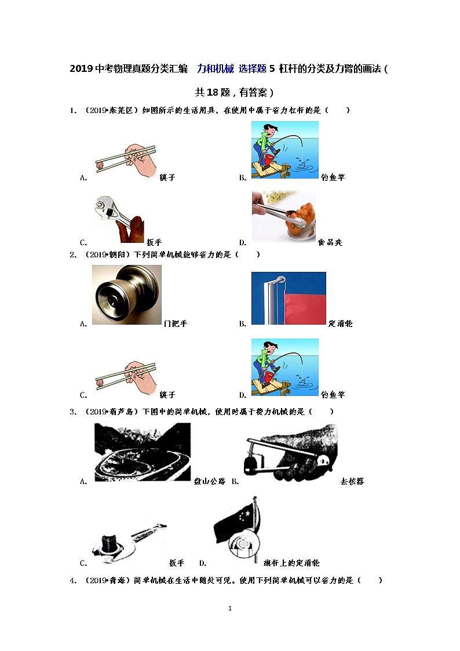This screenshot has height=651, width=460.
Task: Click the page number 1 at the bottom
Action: tap(230, 608)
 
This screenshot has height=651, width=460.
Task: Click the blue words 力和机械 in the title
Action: tap(216, 68)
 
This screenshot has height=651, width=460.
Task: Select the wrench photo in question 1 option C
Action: tap(119, 219)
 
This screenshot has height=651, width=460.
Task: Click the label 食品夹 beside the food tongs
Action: tap(330, 242)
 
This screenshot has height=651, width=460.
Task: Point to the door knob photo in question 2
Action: tap(126, 294)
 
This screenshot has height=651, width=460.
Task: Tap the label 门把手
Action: tap(176, 323)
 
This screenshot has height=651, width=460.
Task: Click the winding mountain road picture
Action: tap(143, 452)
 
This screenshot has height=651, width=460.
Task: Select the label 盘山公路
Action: tap(210, 481)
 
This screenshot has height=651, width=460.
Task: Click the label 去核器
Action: tap(352, 481)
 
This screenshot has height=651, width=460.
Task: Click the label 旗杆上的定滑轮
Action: tap(291, 562)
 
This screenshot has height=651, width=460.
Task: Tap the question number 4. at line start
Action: tap(73, 580)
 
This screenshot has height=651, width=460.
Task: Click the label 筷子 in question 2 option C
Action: tap(167, 394)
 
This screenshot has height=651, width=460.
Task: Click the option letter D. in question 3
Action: tap(203, 563)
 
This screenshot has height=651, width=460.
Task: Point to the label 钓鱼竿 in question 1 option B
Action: tap(333, 177)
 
